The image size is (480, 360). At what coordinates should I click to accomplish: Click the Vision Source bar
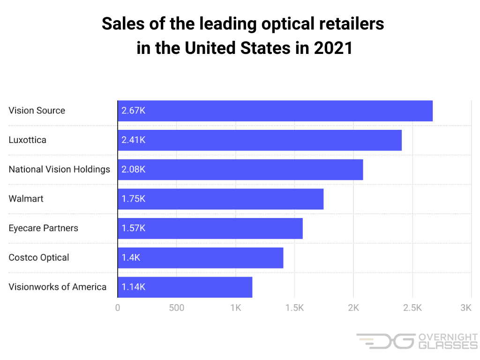(275, 111)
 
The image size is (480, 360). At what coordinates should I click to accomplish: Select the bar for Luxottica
(259, 140)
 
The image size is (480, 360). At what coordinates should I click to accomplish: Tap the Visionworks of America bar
(185, 287)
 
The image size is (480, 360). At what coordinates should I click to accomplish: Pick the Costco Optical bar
(200, 257)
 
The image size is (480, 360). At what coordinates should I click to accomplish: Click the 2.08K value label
(134, 170)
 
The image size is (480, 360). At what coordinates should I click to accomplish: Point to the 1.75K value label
(134, 199)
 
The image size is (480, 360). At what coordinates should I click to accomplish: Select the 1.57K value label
(134, 228)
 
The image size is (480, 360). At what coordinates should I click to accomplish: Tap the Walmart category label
(26, 199)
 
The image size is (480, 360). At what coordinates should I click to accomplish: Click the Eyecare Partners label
(43, 228)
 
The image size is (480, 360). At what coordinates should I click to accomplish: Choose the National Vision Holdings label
(59, 170)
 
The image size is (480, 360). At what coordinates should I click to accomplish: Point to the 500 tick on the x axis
(176, 308)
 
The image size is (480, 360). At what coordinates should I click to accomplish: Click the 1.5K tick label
(294, 308)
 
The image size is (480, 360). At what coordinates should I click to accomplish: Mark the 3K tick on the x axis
(466, 308)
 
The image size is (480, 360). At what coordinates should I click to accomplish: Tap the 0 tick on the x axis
(118, 308)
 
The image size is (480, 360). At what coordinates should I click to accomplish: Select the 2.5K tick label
(412, 308)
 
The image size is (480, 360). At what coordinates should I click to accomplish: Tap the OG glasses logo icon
(385, 341)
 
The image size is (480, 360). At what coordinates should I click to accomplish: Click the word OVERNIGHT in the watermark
(447, 337)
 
